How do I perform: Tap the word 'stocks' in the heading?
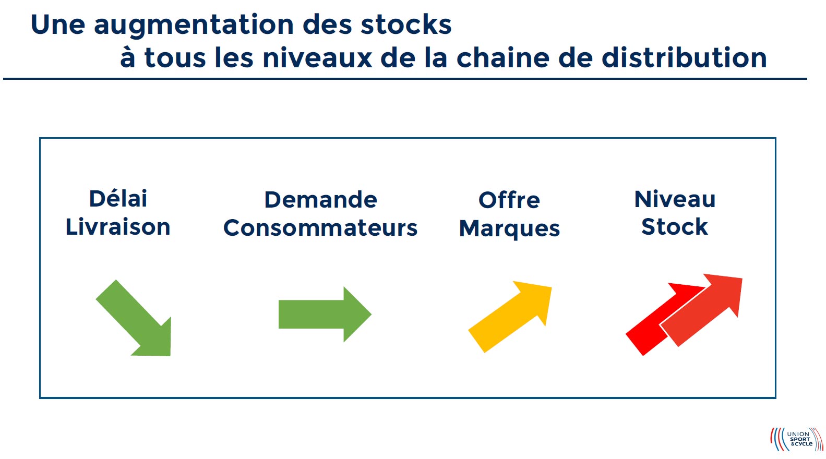(x=406, y=25)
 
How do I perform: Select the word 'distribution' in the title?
(x=684, y=57)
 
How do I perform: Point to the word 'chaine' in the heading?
(x=503, y=57)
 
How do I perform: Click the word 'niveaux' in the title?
(x=317, y=58)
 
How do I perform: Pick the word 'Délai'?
(x=118, y=199)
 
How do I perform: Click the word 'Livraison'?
(x=118, y=226)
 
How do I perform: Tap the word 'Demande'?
(x=320, y=200)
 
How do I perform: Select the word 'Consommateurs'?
(x=320, y=227)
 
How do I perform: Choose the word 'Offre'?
(x=509, y=200)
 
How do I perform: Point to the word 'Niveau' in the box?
(x=675, y=199)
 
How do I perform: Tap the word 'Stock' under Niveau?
(x=675, y=226)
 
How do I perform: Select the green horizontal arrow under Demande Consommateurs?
(x=325, y=315)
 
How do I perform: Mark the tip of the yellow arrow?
(x=552, y=287)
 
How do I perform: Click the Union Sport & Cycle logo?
(x=796, y=439)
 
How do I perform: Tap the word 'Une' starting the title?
(x=58, y=25)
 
